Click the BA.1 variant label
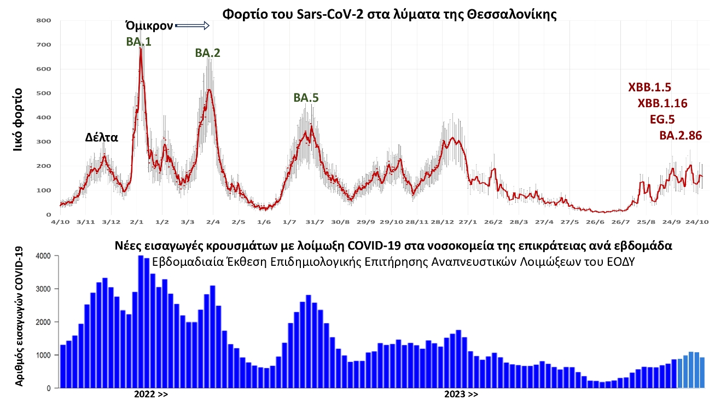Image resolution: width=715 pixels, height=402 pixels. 138,41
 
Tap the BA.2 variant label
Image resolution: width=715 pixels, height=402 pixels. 207,53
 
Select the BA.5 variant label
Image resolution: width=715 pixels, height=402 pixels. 306,98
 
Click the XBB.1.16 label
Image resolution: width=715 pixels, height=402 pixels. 662,103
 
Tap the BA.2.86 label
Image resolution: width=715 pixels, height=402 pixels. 681,136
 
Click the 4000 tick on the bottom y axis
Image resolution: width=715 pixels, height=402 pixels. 44,256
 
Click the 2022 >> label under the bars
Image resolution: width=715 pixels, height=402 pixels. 151,394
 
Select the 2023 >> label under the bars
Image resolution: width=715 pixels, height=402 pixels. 461,394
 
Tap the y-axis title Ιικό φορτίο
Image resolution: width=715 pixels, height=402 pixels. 18,118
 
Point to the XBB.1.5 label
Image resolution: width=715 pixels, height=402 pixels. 649,88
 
